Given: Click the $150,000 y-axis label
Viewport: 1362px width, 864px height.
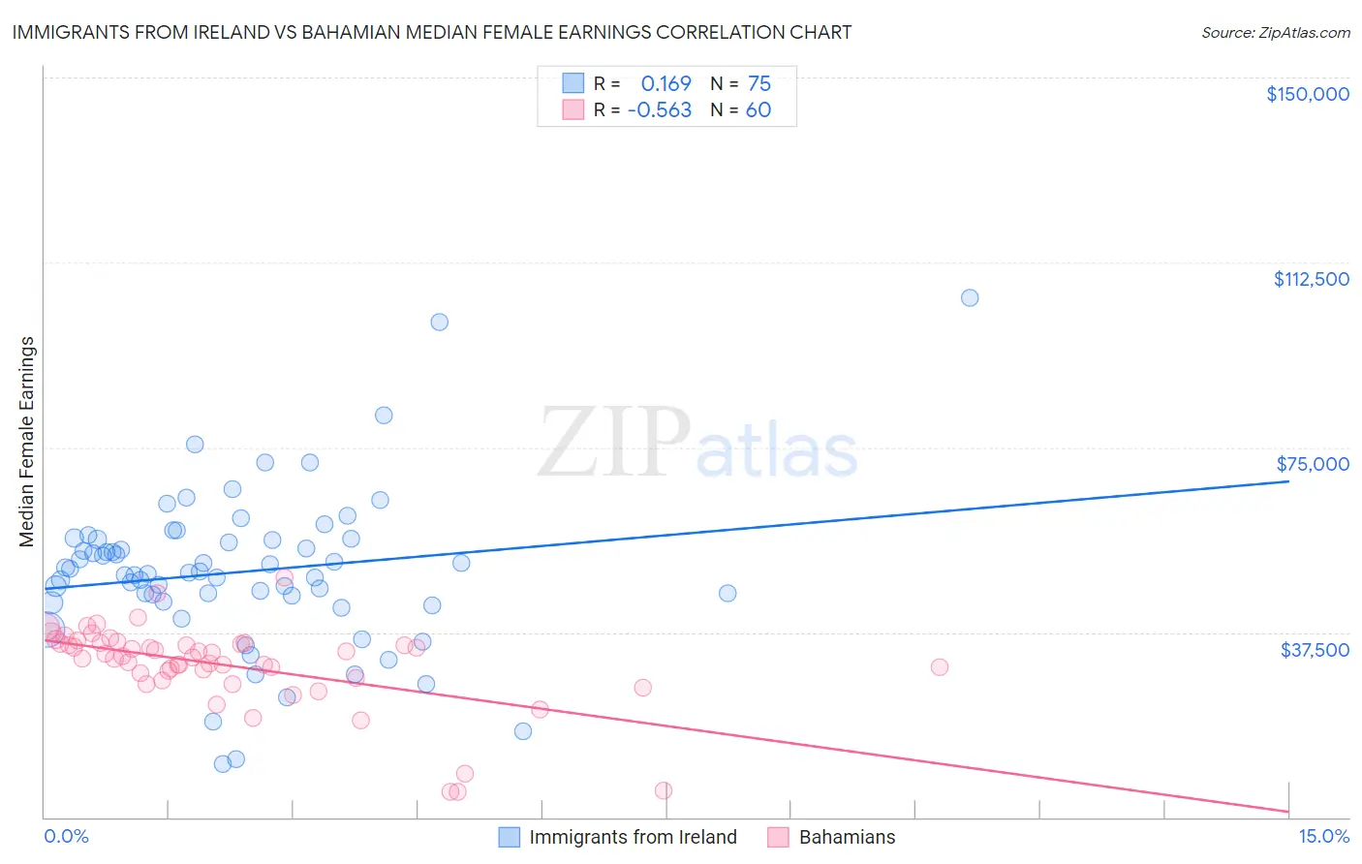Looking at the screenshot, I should point(1307,94).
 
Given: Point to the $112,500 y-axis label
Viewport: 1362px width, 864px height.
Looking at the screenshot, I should point(1311,279).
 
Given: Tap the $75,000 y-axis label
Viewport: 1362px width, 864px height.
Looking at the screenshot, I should point(1313,464).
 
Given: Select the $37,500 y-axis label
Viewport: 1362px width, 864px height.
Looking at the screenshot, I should point(1315,649).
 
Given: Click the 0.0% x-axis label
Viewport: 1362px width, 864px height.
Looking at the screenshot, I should point(66,836).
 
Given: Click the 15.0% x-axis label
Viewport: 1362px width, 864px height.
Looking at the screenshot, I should point(1323,836).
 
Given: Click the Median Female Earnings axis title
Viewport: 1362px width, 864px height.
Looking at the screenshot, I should point(27,442).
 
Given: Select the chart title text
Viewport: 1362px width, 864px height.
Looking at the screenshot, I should point(432,32).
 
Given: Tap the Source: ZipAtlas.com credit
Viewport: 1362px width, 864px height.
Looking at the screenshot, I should point(1275,33).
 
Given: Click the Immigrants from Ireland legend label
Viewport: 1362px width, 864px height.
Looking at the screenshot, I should point(633,837).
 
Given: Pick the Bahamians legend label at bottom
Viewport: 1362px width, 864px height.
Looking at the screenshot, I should point(847,837).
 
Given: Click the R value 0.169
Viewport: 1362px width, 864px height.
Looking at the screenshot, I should point(666,83).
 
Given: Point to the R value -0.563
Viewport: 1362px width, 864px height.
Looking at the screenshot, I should point(659,110).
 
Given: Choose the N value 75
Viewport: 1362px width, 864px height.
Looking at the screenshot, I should point(758,83).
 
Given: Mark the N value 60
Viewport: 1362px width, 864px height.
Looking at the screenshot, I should point(758,110).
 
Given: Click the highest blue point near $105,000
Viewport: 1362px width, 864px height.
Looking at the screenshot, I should point(970,297).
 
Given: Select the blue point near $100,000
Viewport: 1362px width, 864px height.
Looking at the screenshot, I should point(439,322).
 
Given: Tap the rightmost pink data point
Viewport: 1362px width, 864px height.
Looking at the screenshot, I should point(939,666).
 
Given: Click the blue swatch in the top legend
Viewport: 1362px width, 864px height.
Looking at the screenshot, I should point(573,83).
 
